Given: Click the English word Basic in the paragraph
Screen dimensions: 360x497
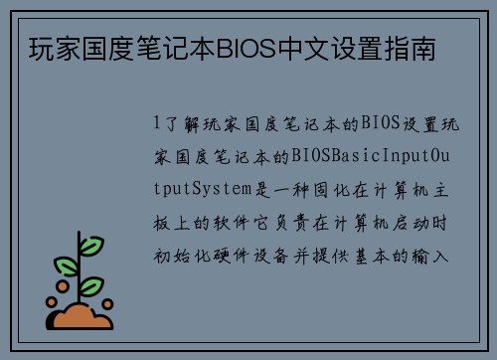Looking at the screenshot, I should pos(340,157).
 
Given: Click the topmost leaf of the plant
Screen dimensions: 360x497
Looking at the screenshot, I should pos(89,245).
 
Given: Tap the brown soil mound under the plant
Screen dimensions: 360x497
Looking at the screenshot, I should pos(83,317).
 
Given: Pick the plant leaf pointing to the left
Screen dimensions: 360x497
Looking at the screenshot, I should pos(66,266).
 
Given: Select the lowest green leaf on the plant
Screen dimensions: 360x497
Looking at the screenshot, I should pos(90,286).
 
